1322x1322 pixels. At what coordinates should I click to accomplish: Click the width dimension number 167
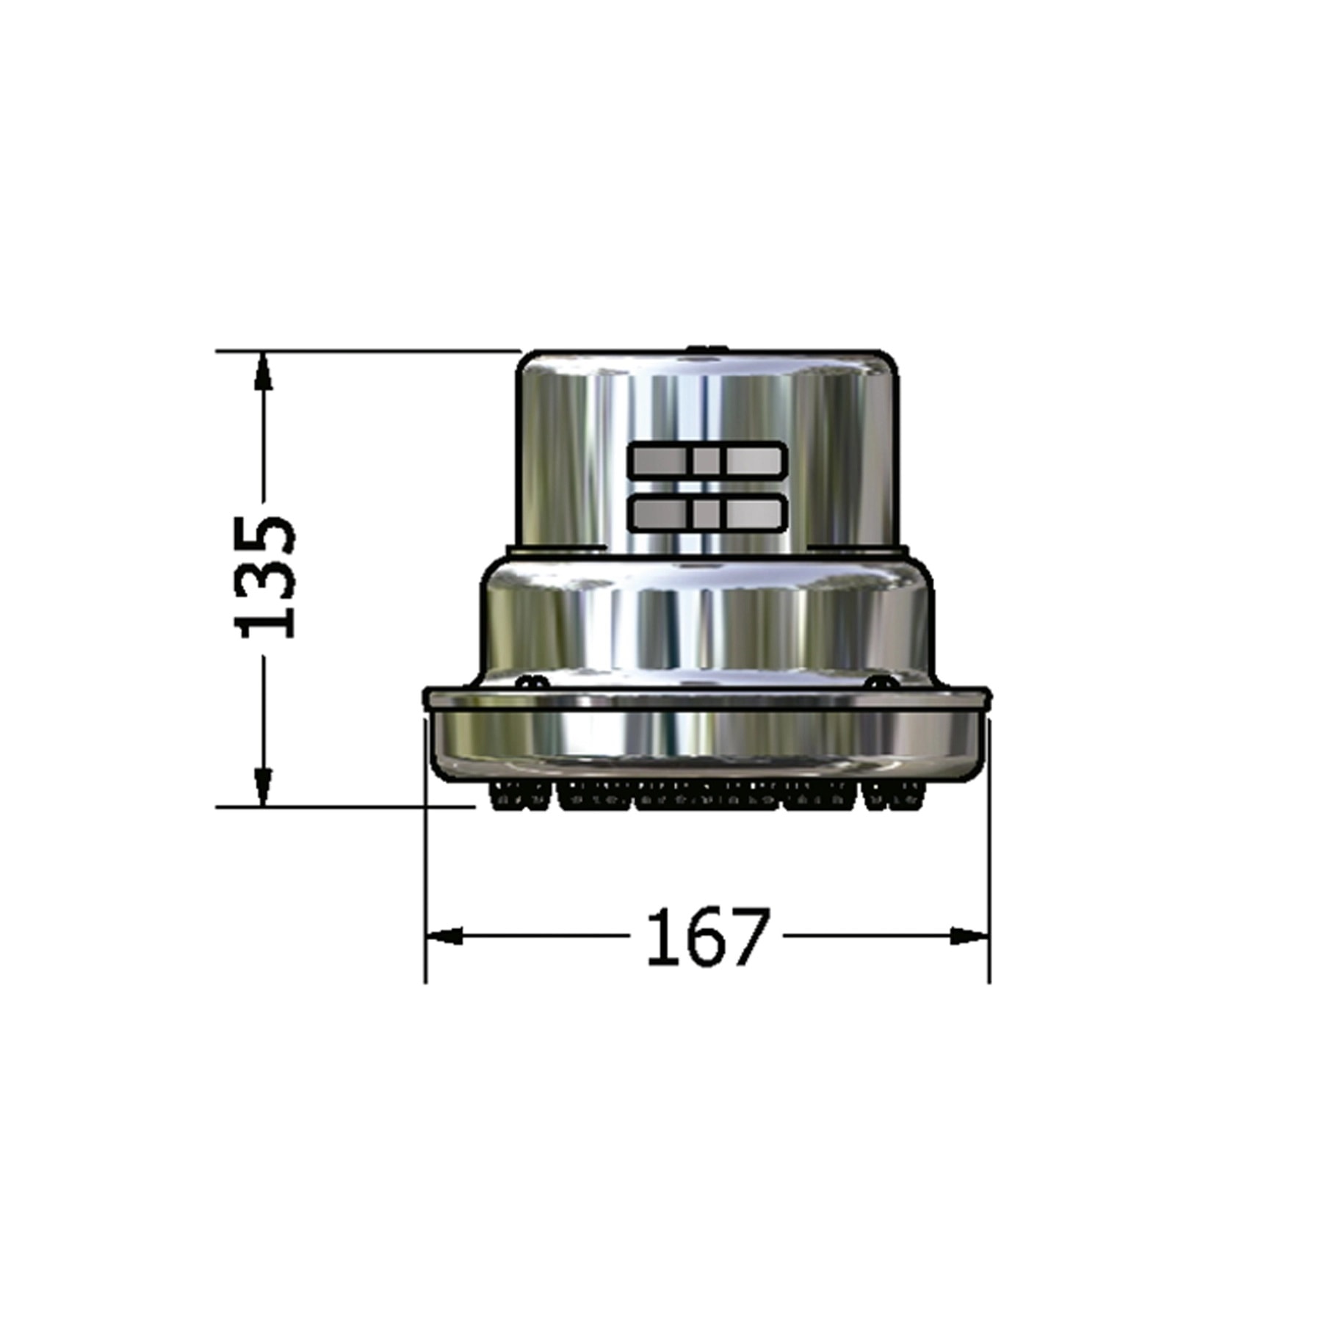tap(708, 937)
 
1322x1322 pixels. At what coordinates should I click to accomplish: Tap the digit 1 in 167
tap(661, 937)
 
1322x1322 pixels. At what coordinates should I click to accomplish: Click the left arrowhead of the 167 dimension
tap(444, 936)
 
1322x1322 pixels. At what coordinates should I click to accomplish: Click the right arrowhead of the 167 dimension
tap(970, 936)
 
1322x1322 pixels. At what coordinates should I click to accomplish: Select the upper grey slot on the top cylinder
tap(707, 460)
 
